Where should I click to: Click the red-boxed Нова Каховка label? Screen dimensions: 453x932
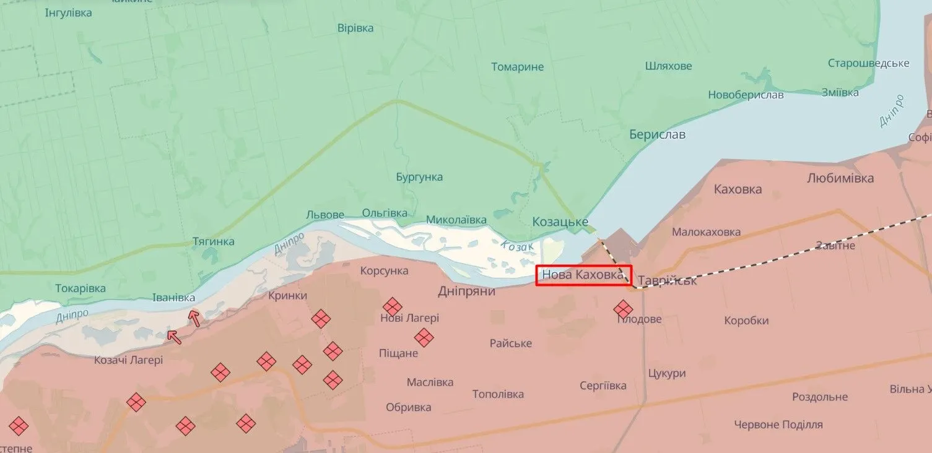click(583, 275)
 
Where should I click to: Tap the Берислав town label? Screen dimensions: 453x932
click(657, 134)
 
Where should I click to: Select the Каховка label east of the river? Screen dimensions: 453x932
click(738, 189)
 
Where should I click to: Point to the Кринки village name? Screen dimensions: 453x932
click(287, 296)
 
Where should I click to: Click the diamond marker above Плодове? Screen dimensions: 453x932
click(623, 309)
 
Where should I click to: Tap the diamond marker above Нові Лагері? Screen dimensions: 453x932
click(392, 306)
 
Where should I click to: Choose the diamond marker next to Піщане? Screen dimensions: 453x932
click(424, 337)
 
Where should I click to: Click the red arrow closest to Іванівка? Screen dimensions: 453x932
click(194, 318)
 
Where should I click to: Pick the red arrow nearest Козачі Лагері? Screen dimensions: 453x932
click(174, 337)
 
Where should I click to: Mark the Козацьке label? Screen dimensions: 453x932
click(560, 222)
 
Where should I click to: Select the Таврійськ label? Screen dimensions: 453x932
click(667, 280)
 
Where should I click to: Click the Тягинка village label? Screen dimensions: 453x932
click(213, 241)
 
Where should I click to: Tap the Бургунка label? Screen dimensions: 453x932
click(419, 177)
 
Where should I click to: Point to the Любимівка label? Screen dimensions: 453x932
click(840, 178)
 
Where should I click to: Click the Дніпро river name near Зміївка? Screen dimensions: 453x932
click(892, 111)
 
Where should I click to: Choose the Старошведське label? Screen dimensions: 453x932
click(868, 63)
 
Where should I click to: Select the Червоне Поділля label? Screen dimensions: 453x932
click(778, 425)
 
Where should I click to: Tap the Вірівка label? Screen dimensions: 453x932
click(355, 28)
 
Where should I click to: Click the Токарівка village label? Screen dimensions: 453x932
click(80, 288)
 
